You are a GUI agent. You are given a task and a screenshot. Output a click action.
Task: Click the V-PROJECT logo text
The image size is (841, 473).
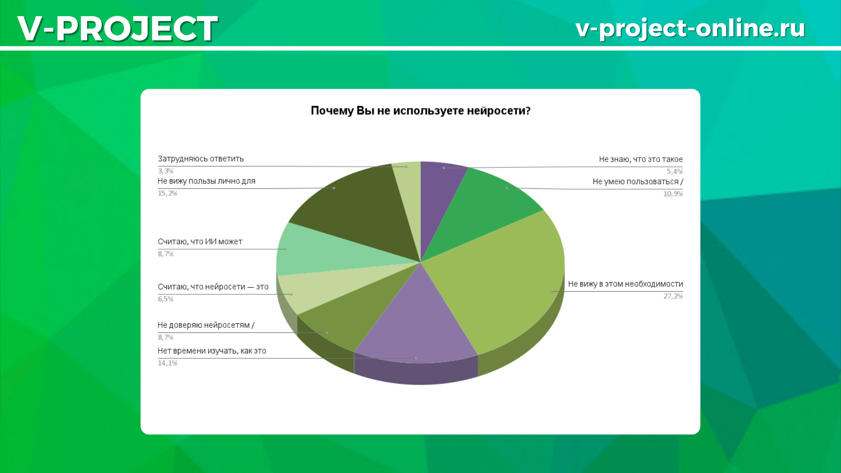(x=117, y=28)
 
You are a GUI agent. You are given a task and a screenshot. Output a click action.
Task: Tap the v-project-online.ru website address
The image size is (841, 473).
(x=690, y=28)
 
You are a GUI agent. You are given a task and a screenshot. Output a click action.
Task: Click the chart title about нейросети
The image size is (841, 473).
(x=420, y=111)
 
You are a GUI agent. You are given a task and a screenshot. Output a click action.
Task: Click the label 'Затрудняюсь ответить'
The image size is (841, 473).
(x=201, y=159)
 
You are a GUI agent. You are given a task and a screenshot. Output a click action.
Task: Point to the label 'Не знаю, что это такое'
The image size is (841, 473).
(x=641, y=159)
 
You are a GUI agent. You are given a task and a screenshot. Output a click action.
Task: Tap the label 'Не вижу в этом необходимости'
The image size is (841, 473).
(x=625, y=284)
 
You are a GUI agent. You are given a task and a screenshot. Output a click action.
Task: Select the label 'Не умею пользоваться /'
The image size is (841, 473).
(x=638, y=182)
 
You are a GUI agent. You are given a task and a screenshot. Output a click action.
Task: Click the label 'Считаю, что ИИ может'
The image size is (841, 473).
(x=200, y=242)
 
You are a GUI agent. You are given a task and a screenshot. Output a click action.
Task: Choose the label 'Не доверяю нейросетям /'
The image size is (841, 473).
(x=206, y=325)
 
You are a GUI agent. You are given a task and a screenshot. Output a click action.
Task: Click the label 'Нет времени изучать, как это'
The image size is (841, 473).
(x=212, y=351)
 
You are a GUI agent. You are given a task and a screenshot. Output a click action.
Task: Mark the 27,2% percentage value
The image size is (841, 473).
(x=673, y=297)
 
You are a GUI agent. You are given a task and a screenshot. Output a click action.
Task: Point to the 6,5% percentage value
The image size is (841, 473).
(x=166, y=299)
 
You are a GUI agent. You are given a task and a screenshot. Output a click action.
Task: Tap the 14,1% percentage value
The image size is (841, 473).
(x=168, y=363)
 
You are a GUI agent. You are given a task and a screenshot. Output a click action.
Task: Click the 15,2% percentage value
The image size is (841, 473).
(x=168, y=194)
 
